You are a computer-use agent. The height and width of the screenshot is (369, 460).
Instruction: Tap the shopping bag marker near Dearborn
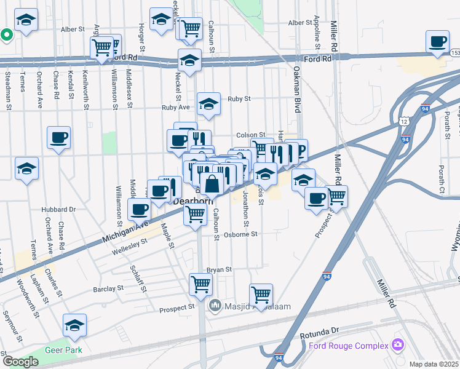[x=212, y=184]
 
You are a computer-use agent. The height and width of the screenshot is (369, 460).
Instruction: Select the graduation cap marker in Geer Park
[x=74, y=325]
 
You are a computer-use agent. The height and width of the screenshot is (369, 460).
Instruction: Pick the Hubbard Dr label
[x=59, y=209]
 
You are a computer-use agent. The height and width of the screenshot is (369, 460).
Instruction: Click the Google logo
[x=20, y=362]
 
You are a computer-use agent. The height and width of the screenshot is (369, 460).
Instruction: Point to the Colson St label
[x=250, y=135]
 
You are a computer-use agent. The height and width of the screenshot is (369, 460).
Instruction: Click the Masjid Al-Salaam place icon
[x=215, y=306]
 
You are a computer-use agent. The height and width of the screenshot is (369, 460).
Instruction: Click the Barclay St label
[x=108, y=288]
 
